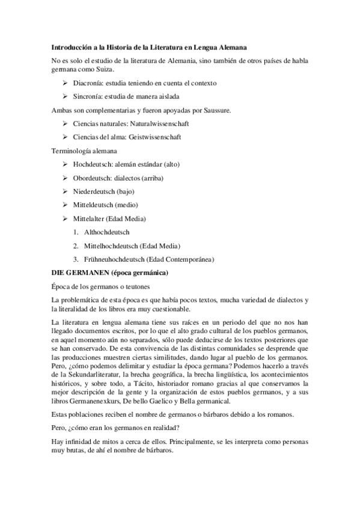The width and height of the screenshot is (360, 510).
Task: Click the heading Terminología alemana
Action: pyautogui.click(x=84, y=150)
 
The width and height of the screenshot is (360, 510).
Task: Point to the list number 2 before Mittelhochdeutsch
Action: pyautogui.click(x=76, y=246)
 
